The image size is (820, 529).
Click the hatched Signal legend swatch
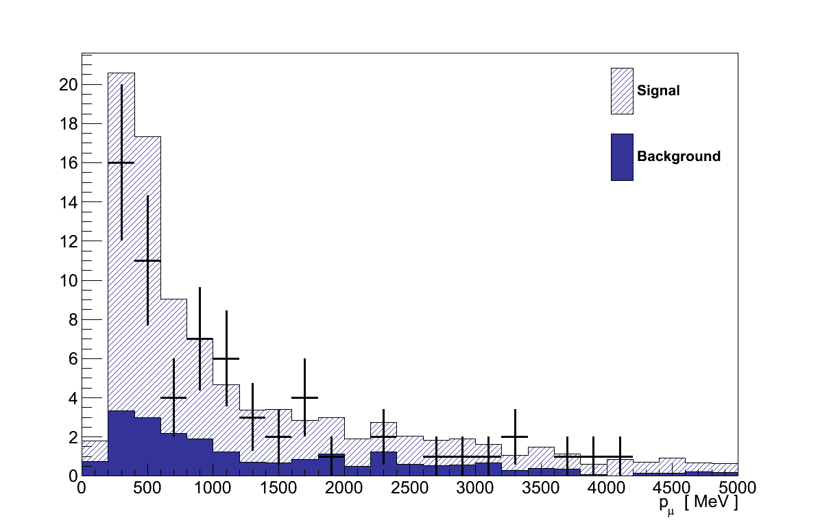coord(622,90)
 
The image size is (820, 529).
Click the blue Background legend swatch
coord(622,157)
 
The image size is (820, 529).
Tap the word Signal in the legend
coord(658,90)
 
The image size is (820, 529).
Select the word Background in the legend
coord(679,156)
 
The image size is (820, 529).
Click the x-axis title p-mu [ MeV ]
coord(698,504)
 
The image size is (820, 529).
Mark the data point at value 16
coord(121,163)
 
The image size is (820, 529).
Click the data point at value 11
coord(147,260)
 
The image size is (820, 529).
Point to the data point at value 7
coord(200,339)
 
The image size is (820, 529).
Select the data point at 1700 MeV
coord(304,397)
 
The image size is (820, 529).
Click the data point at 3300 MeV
coord(515,436)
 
